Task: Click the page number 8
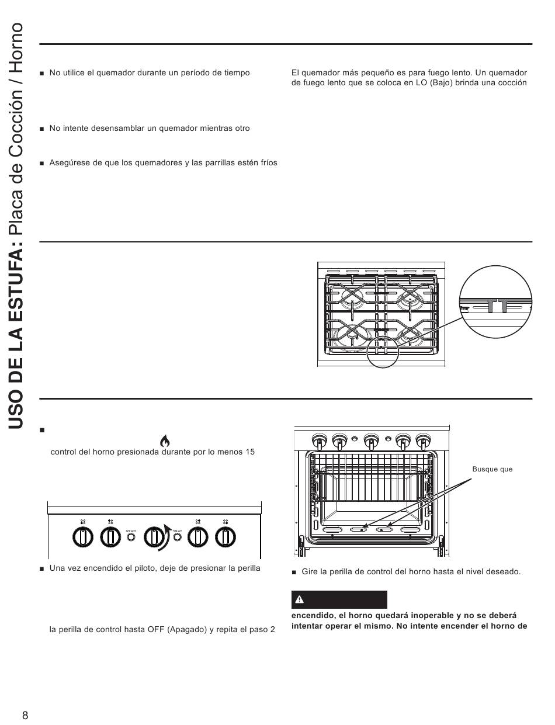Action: [x=25, y=716]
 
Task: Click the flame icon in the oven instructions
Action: [x=165, y=440]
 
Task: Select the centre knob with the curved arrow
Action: [x=154, y=536]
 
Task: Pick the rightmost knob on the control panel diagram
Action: [x=226, y=536]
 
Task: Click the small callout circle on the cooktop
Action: [x=381, y=349]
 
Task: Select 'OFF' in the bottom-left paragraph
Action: [x=167, y=632]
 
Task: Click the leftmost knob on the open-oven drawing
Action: [x=319, y=439]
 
